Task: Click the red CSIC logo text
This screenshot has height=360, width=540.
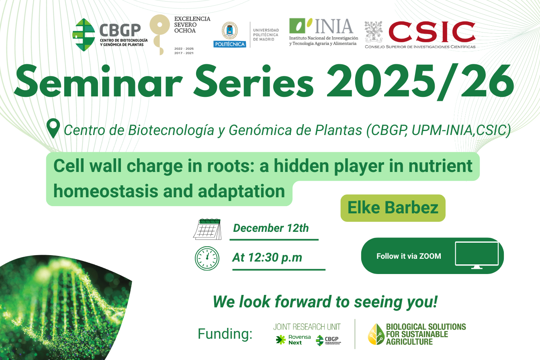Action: pos(432,32)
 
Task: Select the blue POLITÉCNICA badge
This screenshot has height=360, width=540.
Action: pos(229,44)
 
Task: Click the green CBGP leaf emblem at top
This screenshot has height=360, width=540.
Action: pos(84,35)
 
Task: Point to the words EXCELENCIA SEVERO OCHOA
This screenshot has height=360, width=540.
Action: pos(192,25)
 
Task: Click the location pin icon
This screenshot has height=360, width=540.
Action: pos(53,128)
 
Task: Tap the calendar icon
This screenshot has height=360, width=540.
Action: pos(207,229)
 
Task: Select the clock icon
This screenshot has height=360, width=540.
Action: pos(207,258)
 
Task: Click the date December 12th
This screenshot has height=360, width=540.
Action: pos(271,228)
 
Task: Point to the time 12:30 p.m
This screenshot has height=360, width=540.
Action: pos(275,258)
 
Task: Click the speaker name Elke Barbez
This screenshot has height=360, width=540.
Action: pos(393,208)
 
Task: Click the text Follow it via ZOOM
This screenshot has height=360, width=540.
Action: pos(409,256)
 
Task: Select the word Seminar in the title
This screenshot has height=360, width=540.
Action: pos(98,81)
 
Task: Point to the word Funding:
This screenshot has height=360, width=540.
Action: pos(225,334)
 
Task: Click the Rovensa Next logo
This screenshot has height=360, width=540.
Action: pos(293,340)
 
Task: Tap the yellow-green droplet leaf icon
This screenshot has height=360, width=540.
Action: pos(376,334)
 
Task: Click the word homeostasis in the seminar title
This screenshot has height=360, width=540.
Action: pos(106,191)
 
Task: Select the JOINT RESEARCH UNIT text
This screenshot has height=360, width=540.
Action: pos(307,327)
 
